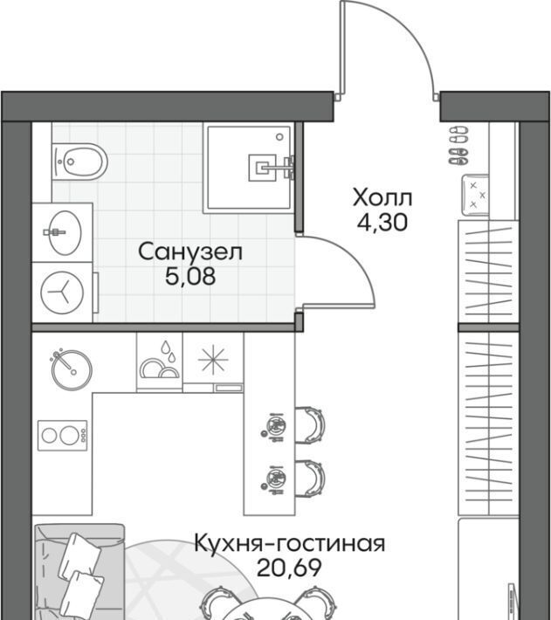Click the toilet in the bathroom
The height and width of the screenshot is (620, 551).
[79, 162]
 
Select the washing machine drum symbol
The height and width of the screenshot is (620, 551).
[63, 293]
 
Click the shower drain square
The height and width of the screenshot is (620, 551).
[262, 168]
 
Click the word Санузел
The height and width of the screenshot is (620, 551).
[190, 251]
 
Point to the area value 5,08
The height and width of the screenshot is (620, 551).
[190, 276]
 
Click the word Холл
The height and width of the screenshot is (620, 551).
[382, 197]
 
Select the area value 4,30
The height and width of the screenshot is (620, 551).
[382, 223]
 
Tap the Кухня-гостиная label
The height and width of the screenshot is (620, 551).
[290, 543]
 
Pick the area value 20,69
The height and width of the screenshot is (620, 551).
[289, 568]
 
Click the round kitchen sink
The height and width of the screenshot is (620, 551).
[72, 369]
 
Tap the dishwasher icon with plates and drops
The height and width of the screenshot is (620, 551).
[160, 361]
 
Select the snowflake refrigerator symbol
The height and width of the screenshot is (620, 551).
[213, 359]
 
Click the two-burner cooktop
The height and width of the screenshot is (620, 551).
[63, 436]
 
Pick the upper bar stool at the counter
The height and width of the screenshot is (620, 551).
[310, 425]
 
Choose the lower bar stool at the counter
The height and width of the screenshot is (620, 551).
[310, 478]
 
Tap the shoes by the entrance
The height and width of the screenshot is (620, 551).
[458, 145]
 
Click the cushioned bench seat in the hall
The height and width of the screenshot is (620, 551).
[475, 196]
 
